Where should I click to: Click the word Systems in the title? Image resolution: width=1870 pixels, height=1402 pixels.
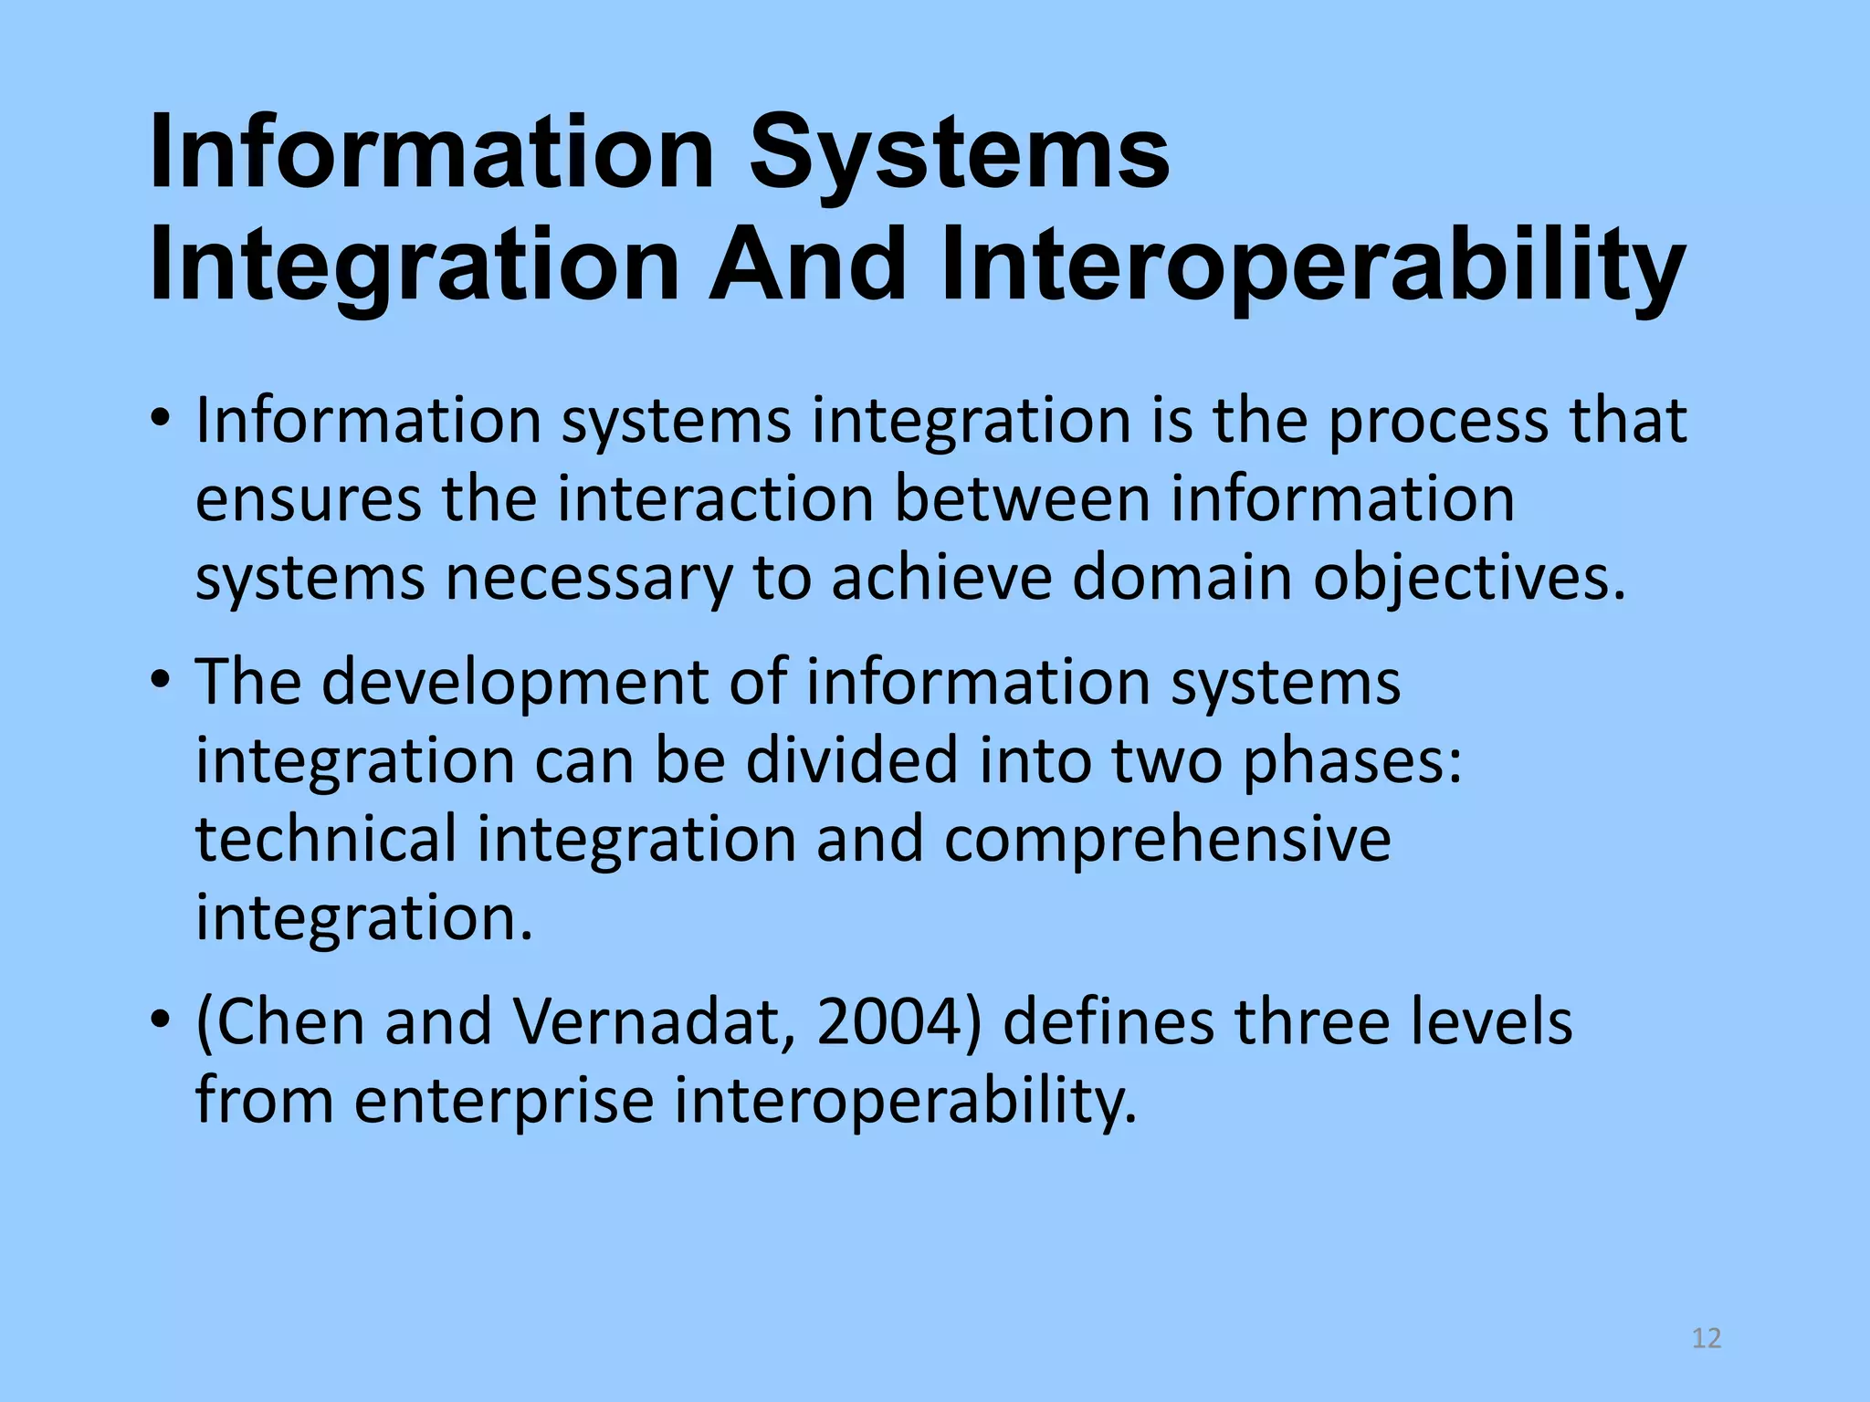point(959,152)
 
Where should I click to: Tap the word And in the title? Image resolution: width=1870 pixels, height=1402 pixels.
point(807,265)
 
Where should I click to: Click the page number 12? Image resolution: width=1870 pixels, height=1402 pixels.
point(1706,1338)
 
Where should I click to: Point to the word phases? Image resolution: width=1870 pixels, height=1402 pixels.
point(1352,761)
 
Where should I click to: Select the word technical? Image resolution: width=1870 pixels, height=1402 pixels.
point(326,840)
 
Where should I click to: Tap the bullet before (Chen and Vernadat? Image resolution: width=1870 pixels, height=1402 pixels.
point(162,1019)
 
